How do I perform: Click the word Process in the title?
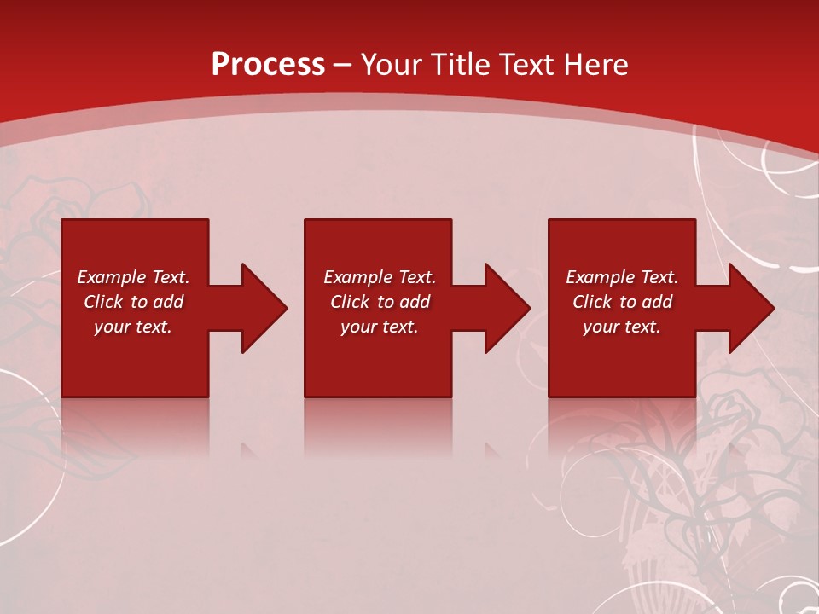pyautogui.click(x=268, y=65)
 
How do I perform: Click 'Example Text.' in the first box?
pyautogui.click(x=133, y=277)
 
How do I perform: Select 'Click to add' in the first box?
pyautogui.click(x=133, y=302)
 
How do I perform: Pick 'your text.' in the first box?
pyautogui.click(x=133, y=327)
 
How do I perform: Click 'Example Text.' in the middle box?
pyautogui.click(x=380, y=277)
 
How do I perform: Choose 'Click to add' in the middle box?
pyautogui.click(x=380, y=302)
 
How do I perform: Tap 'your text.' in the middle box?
pyautogui.click(x=380, y=327)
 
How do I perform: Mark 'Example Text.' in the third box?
pyautogui.click(x=622, y=277)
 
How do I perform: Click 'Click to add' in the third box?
pyautogui.click(x=622, y=302)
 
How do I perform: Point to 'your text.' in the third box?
pyautogui.click(x=622, y=327)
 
